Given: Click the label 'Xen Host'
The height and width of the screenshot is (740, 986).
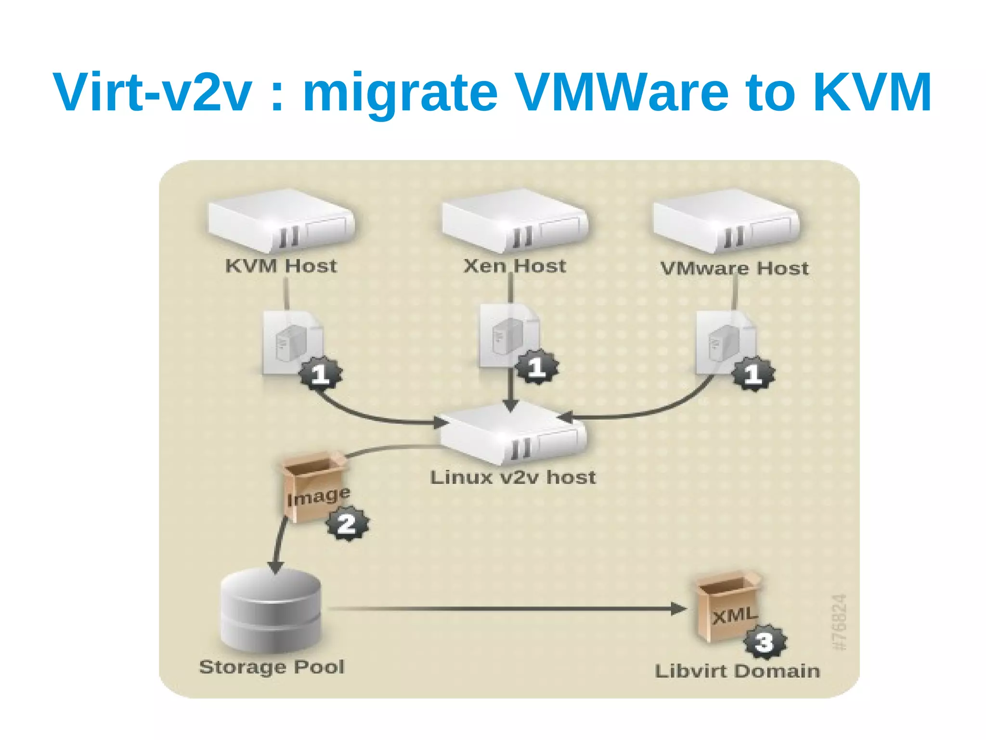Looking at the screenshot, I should (514, 266).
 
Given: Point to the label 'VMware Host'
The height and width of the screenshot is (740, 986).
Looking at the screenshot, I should (734, 269).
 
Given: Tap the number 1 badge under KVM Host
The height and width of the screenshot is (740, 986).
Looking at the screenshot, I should (321, 374).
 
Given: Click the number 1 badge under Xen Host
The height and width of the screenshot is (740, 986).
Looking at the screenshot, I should (537, 367).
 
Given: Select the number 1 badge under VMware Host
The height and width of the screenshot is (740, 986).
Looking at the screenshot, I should (753, 374).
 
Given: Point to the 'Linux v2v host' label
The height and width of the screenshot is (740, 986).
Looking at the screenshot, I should (513, 478).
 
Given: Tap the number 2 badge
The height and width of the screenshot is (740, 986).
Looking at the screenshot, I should (348, 524).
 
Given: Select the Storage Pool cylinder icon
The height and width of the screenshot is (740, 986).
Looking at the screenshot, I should (271, 610).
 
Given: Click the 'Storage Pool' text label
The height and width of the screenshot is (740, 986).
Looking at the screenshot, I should (272, 667).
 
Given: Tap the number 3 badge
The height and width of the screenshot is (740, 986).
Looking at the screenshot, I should (765, 642).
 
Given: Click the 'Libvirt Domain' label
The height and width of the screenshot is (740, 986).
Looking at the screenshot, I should (737, 671).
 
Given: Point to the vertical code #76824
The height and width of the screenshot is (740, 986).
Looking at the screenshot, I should (839, 622).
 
